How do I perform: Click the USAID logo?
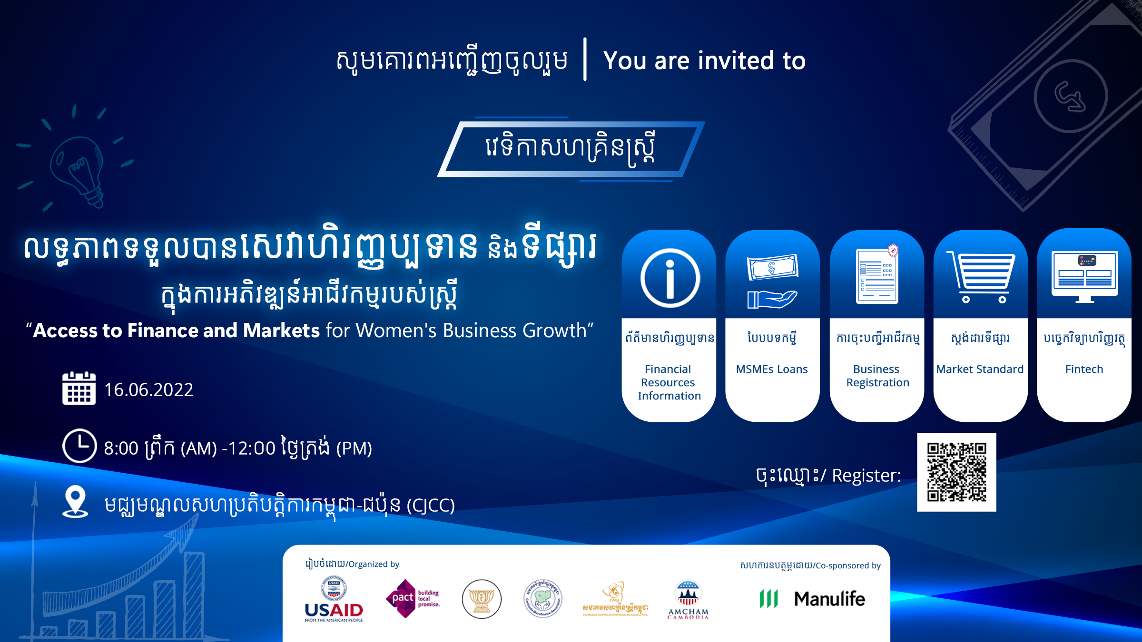[334, 600]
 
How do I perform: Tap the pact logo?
[413, 599]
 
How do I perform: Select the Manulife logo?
[813, 599]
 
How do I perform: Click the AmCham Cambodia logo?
[688, 600]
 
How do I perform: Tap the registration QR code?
[956, 472]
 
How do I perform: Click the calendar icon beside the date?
[79, 389]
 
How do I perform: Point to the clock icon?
[79, 446]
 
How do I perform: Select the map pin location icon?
[75, 501]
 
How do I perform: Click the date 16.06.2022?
[148, 390]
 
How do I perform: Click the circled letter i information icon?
[670, 278]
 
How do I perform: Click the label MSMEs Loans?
[772, 369]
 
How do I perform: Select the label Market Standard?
[980, 369]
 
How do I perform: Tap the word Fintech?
[1084, 369]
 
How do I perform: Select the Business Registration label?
[877, 376]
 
